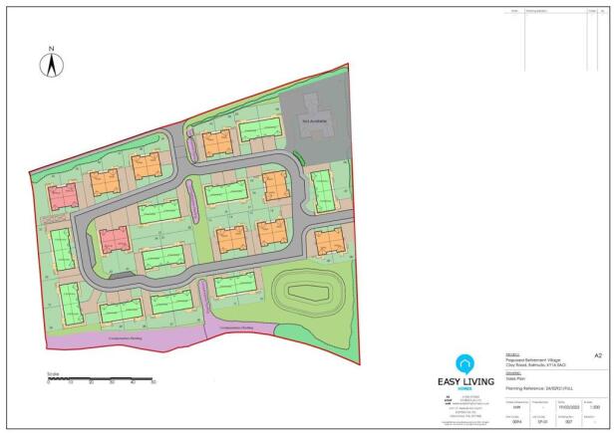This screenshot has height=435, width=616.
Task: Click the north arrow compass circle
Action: point(50,66)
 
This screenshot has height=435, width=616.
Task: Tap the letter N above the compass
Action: point(50,47)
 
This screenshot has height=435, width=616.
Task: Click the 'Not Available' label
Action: point(315,120)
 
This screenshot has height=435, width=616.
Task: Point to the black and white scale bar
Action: point(100,379)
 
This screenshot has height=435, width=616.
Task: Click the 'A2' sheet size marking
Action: point(597,353)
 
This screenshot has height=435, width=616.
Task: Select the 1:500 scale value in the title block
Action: point(594,404)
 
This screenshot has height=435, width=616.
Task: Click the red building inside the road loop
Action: point(114,238)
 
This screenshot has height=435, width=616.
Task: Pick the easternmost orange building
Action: point(328,242)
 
